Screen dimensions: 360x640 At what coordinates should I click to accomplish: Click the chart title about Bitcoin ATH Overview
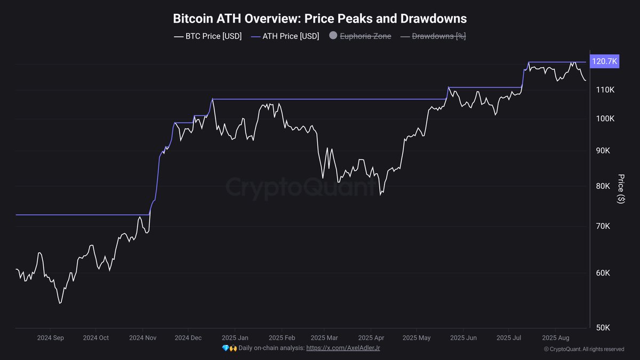[320, 19]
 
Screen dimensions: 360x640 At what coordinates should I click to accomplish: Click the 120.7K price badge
[604, 62]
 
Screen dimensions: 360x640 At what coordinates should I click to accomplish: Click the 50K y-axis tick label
[603, 327]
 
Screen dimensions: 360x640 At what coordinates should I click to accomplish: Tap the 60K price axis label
[603, 273]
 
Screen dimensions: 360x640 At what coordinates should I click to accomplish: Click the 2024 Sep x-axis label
[51, 338]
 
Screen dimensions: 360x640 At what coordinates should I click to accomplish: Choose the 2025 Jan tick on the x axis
[235, 338]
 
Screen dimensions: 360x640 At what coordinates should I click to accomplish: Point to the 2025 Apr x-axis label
[371, 338]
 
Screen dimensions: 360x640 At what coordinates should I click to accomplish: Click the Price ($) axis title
[620, 188]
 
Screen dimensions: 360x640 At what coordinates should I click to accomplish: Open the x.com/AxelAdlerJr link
[343, 348]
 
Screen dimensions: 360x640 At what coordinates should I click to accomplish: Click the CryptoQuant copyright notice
[584, 349]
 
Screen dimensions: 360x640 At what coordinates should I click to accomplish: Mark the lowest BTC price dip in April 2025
[380, 195]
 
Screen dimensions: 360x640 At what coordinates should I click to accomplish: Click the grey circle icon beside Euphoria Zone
[333, 36]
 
